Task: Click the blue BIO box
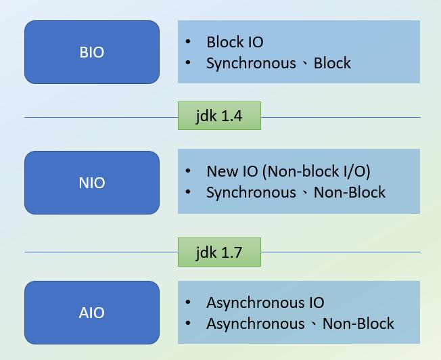click(92, 52)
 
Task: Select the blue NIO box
click(92, 183)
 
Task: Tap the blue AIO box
click(92, 313)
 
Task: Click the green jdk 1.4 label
click(218, 116)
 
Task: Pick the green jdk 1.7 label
click(218, 252)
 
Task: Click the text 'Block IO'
click(235, 42)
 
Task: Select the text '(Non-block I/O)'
click(317, 171)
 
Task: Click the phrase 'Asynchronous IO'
click(265, 302)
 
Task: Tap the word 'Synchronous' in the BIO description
click(251, 63)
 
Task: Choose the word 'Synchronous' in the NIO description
click(251, 192)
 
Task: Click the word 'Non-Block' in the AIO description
click(358, 323)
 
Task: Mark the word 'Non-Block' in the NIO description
click(350, 192)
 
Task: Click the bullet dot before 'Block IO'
click(188, 42)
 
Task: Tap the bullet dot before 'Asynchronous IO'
click(188, 302)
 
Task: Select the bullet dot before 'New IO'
click(188, 171)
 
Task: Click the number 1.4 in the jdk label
click(231, 116)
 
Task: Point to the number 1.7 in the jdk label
click(231, 252)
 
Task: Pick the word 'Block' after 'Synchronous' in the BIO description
click(332, 63)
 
